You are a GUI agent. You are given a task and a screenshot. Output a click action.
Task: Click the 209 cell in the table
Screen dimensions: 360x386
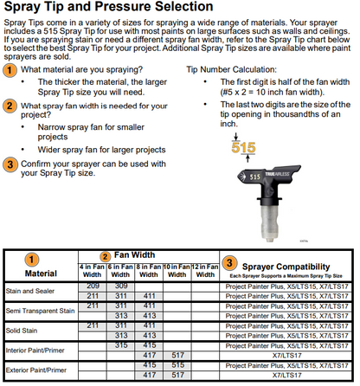93,286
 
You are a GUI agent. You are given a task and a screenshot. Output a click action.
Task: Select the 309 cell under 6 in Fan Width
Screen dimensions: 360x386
121,286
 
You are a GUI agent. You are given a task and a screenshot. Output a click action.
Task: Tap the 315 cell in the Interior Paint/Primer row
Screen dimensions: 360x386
121,345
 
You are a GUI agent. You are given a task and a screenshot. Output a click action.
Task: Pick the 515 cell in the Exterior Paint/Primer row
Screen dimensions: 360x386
177,365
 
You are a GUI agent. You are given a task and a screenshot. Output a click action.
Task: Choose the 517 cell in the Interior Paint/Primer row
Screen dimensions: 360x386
177,355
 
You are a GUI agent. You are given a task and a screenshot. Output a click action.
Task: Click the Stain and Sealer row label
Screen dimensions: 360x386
30,291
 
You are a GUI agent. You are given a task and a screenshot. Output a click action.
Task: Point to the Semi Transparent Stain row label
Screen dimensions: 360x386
40,311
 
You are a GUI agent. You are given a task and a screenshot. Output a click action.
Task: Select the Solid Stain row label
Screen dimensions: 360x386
22,331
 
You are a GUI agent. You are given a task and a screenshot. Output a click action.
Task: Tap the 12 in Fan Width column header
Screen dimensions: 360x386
205,271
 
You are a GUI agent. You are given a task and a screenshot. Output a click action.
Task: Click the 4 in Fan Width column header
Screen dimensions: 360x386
92,271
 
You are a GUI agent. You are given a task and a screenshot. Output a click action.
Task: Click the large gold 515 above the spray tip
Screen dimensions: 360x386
243,147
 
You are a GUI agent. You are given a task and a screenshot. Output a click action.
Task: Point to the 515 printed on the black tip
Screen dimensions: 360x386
255,177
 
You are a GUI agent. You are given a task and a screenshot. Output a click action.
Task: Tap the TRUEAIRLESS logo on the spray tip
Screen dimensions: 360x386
277,174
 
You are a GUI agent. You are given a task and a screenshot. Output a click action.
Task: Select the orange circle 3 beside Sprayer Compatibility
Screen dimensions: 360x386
229,263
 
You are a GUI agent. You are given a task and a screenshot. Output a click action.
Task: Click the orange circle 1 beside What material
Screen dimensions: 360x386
10,70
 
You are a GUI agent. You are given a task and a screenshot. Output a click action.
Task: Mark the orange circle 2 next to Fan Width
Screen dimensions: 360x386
105,256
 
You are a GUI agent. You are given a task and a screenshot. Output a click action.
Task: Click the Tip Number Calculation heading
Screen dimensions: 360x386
231,69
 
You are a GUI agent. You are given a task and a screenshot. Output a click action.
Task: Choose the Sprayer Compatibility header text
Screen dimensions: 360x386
286,267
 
